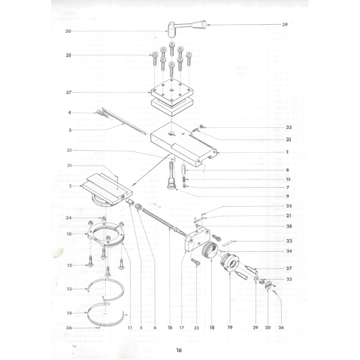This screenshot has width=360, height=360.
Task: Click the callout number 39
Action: [284, 25]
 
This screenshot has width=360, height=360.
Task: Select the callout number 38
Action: [68, 55]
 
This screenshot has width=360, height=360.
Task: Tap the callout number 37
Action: [68, 93]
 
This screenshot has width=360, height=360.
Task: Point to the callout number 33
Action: [288, 127]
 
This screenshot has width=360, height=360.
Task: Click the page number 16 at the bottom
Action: [179, 350]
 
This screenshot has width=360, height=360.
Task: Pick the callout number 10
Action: [69, 234]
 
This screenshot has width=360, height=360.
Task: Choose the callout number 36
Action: [68, 327]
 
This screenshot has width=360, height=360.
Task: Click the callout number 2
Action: [70, 185]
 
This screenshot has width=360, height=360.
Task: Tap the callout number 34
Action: [68, 218]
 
